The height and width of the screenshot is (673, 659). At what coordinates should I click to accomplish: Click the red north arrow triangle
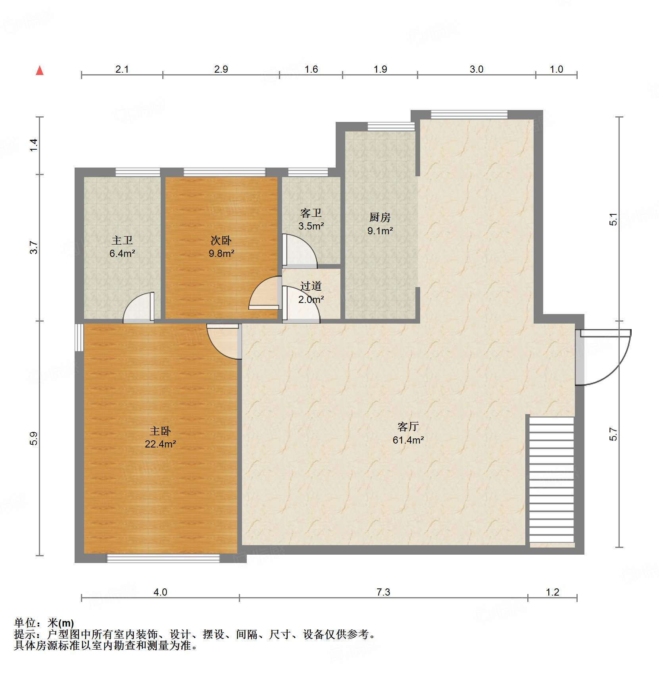[40, 71]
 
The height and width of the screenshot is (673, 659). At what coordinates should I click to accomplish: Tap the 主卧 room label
[160, 431]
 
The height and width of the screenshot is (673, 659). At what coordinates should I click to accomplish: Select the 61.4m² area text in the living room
[408, 440]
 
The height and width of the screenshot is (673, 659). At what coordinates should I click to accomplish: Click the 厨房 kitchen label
[380, 217]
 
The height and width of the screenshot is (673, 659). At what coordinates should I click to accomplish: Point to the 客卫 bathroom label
[311, 213]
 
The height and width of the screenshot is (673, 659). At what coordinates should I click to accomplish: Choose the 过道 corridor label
[311, 286]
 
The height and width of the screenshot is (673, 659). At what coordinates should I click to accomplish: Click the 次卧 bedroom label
[221, 240]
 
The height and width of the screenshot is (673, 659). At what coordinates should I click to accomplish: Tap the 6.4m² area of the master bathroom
[122, 253]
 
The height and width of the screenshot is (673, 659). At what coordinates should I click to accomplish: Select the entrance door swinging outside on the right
[603, 357]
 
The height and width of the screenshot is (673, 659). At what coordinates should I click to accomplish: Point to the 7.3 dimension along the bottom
[383, 592]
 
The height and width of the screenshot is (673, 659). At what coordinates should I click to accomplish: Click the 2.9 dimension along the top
[221, 69]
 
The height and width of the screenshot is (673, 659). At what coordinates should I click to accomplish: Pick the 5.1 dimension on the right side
[613, 219]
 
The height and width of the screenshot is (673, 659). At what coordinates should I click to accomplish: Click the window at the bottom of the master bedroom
[163, 559]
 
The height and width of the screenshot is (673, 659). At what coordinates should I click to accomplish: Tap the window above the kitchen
[391, 126]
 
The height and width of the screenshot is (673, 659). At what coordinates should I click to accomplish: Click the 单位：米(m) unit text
[44, 623]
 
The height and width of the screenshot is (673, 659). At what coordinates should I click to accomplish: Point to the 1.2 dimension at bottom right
[552, 592]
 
